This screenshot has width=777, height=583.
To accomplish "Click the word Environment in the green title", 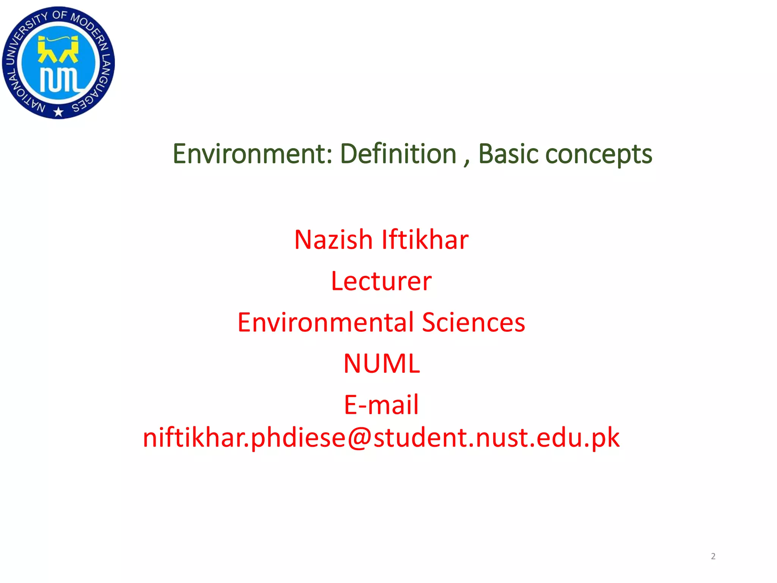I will (252, 154).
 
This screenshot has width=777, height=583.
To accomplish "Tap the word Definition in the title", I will (398, 154).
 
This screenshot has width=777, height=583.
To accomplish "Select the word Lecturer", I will (381, 281).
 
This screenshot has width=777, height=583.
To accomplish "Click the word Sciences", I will (473, 322).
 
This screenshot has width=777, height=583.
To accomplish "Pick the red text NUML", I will (381, 364).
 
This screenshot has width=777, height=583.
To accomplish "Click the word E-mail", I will (381, 405).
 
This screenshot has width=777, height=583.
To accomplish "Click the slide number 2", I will (713, 556).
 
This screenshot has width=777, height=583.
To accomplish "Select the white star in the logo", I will (58, 112).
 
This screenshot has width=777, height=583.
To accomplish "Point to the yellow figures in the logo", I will (58, 49).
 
